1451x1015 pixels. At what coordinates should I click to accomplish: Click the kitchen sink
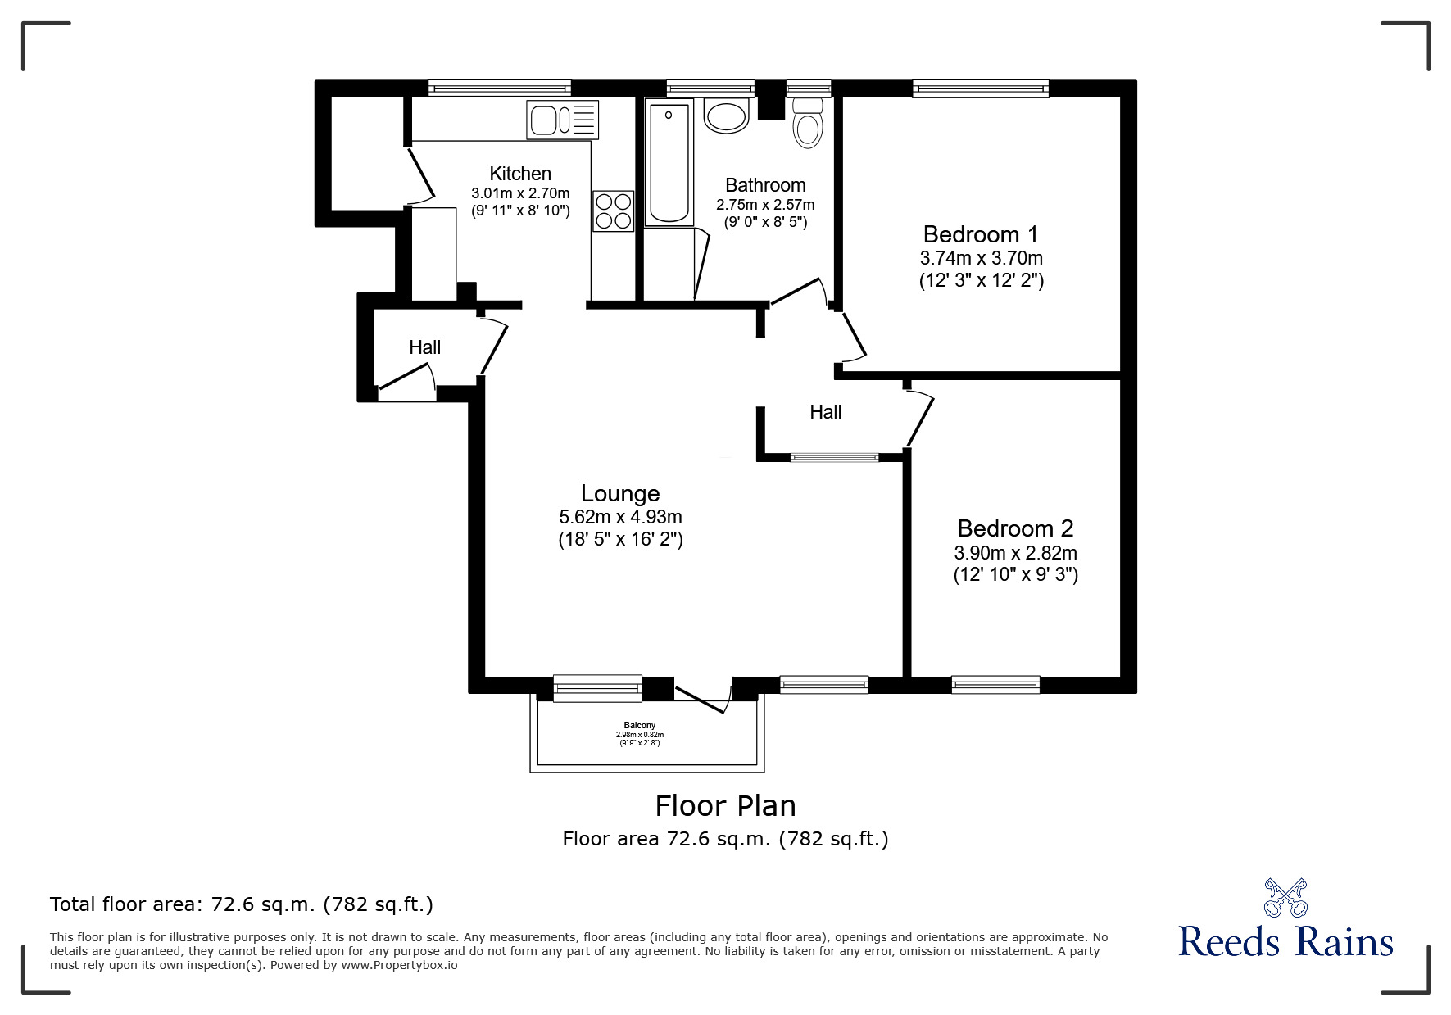click(x=563, y=120)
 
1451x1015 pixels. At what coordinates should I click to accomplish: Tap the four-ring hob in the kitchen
click(x=614, y=211)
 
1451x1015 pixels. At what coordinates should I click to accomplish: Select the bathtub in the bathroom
click(x=669, y=162)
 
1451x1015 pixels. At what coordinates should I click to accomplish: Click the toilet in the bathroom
click(x=808, y=124)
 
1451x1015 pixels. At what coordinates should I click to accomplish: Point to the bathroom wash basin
click(x=727, y=116)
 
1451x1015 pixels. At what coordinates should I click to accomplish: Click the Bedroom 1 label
click(x=980, y=234)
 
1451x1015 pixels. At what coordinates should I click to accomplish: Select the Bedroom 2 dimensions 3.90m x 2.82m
click(x=1015, y=553)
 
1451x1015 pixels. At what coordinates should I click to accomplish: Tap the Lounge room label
click(x=620, y=493)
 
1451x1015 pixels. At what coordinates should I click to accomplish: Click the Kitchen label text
click(x=520, y=174)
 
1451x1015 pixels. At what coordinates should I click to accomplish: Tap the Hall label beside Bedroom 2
click(x=825, y=412)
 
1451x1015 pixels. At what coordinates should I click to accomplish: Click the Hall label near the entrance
click(x=424, y=347)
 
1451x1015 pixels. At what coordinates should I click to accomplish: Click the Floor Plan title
click(x=725, y=806)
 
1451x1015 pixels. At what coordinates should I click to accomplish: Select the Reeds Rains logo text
click(x=1285, y=941)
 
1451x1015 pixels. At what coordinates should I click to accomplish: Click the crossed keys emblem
click(x=1285, y=897)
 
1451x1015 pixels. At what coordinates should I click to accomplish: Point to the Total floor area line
click(x=242, y=904)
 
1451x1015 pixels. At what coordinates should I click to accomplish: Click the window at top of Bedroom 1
click(x=981, y=88)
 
